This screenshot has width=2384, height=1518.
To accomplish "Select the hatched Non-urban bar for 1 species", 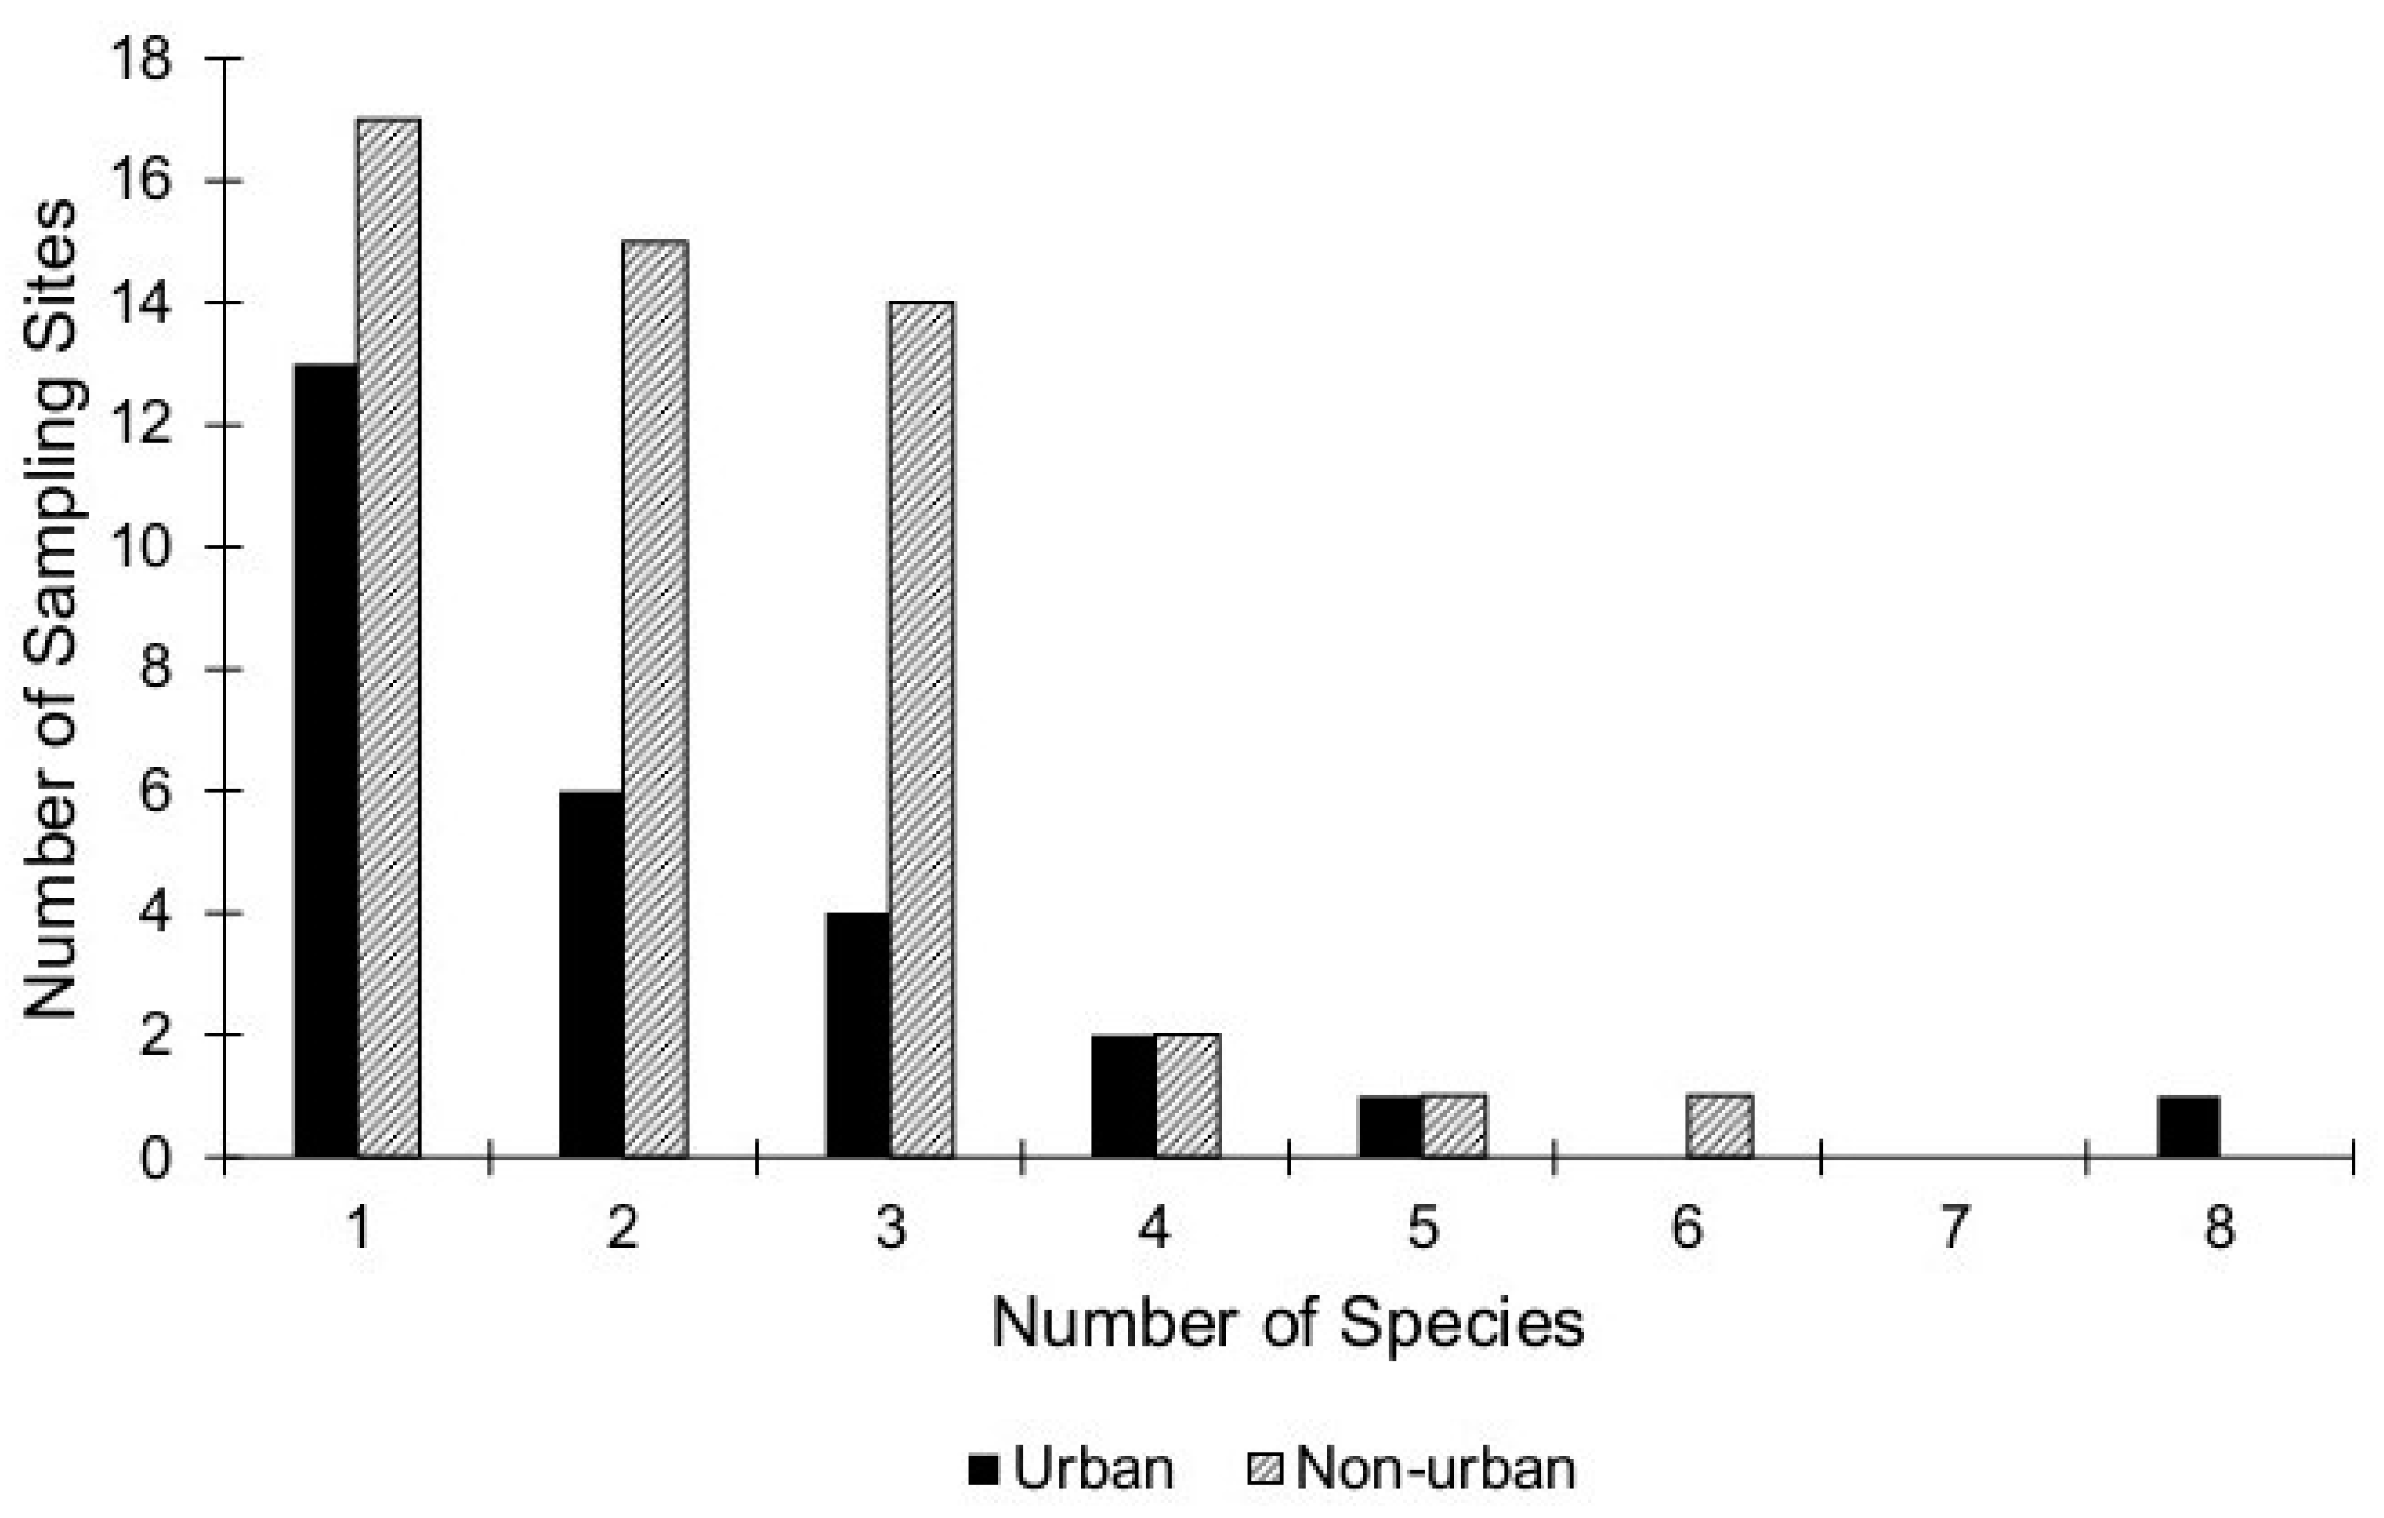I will (x=388, y=638).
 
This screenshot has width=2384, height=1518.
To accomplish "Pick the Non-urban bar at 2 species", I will (x=655, y=699).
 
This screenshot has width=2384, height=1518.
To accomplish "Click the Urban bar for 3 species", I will (x=857, y=1035).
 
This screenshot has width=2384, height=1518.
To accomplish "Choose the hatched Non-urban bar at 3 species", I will (x=922, y=730).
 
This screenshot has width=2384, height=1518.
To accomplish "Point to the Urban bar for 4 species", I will (x=1124, y=1097).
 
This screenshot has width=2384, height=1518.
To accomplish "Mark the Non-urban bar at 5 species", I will (x=1454, y=1126).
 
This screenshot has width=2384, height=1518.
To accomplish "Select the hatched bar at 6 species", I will (x=1720, y=1126).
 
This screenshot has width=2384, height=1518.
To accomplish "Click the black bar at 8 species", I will (x=2188, y=1127).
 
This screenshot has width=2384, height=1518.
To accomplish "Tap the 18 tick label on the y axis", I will (x=141, y=59).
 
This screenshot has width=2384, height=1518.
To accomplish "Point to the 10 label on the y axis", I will (x=141, y=548).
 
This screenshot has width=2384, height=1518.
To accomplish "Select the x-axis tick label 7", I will (x=1953, y=1227).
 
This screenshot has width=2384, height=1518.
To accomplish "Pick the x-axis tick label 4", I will (x=1155, y=1227).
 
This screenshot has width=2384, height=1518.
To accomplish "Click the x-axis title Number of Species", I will (x=1287, y=1323).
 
